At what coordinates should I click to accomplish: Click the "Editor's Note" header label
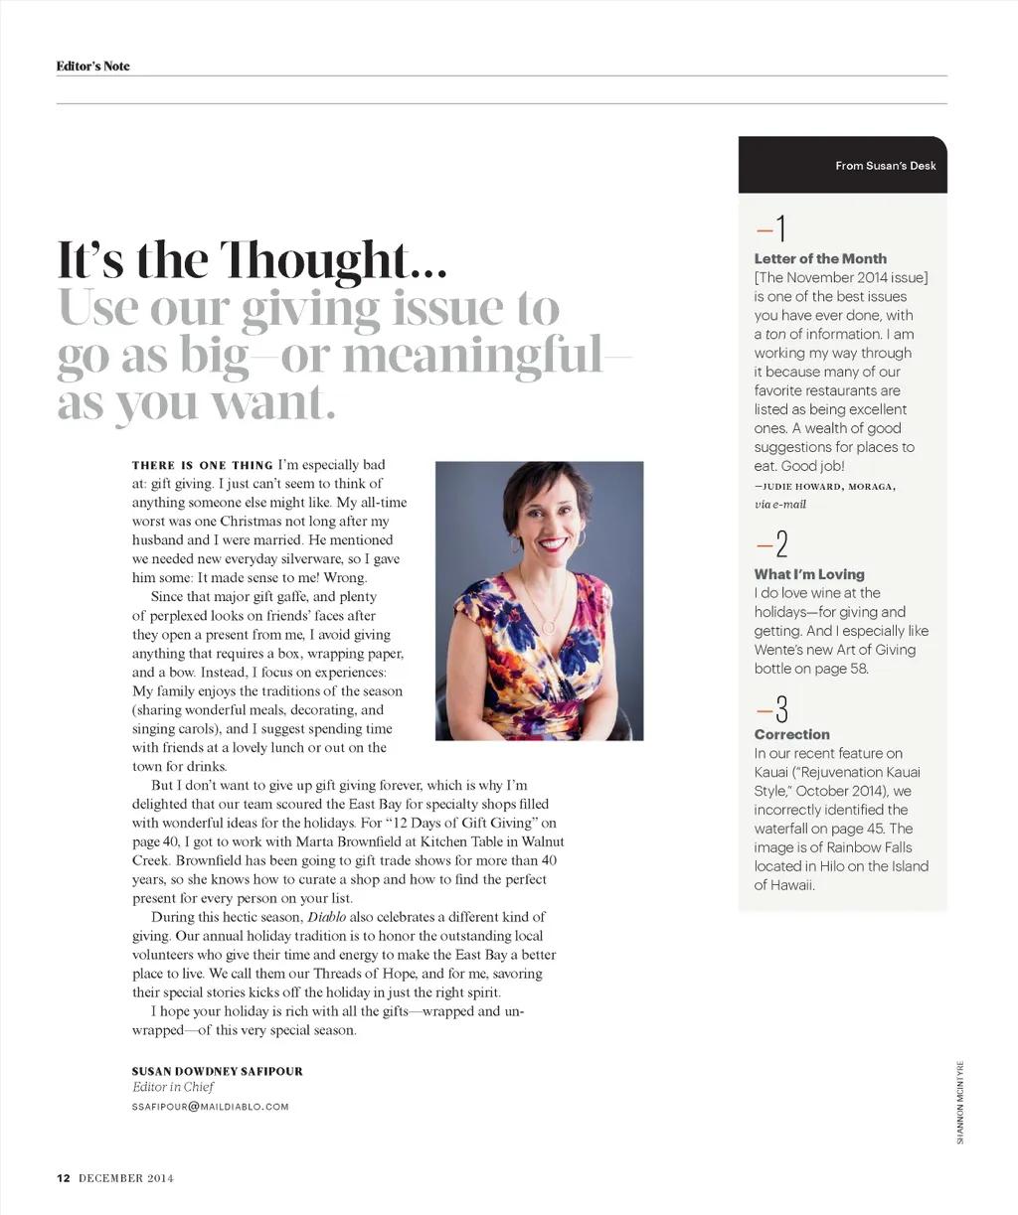pos(92,67)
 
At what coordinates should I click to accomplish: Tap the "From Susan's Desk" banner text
pos(885,166)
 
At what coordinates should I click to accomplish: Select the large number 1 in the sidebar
pos(780,229)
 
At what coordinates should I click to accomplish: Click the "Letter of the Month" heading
pos(820,258)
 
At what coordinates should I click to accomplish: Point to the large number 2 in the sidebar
pos(781,545)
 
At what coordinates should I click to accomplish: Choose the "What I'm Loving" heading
pos(809,574)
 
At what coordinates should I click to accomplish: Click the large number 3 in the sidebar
pos(781,709)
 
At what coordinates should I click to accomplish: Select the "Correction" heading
pos(791,734)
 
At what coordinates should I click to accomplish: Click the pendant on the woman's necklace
pos(548,627)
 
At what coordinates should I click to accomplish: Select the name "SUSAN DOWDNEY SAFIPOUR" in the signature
pos(217,1071)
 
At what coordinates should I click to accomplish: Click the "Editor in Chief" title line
pos(173,1087)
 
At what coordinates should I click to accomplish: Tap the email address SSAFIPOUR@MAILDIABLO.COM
pos(210,1106)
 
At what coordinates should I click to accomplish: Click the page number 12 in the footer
pos(63,1178)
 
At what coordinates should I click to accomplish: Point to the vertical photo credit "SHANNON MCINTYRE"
pos(960,1100)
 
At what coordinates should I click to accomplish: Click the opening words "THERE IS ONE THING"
pos(202,465)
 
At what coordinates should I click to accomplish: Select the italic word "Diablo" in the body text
pos(326,917)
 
